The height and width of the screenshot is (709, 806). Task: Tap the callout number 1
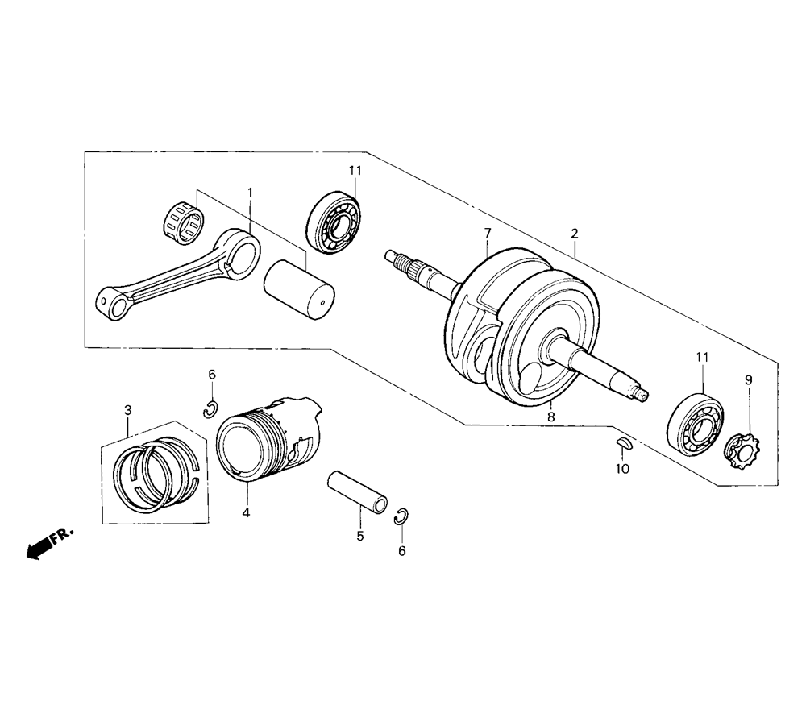tap(251, 193)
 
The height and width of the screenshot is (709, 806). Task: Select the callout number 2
tap(575, 234)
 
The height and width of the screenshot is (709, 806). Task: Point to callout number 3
tap(128, 410)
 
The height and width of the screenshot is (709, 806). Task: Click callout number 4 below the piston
tap(246, 512)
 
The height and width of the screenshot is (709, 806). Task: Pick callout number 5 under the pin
tap(359, 536)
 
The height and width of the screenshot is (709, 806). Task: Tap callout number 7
tap(488, 234)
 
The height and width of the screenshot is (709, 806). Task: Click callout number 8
tap(551, 417)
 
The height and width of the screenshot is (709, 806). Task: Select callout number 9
tap(749, 380)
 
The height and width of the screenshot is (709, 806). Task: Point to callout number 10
tap(622, 469)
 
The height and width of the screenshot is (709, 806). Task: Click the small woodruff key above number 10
tap(624, 443)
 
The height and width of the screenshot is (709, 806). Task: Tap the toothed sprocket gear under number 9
tap(739, 450)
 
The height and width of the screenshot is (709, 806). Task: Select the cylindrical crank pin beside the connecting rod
tap(299, 290)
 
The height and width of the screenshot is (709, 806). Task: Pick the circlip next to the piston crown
tap(210, 409)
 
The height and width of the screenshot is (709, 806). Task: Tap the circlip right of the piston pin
tap(401, 517)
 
